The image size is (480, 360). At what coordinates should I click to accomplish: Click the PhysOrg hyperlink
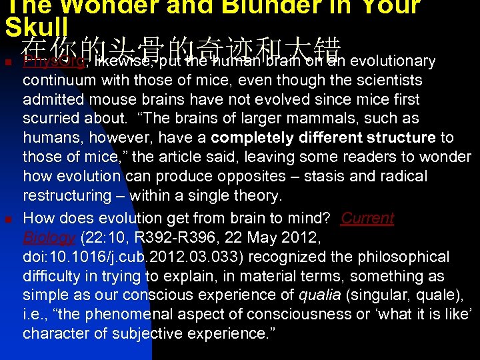coord(54,61)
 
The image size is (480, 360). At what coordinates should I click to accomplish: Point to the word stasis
coord(311,177)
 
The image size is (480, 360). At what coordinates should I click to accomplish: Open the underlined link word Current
coord(367,219)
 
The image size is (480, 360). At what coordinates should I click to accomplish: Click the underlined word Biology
coord(49,238)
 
